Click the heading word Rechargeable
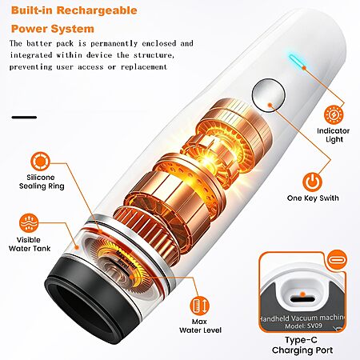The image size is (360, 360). coord(97,10)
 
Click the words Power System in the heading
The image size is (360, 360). coord(53,29)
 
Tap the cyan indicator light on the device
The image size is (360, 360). coord(298,62)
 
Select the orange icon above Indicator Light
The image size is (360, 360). coord(334,114)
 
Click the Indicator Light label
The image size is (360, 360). coord(334,135)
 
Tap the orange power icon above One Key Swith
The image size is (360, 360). coord(312,182)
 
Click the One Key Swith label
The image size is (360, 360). coord(313,198)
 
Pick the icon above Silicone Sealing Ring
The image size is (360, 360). coord(40,162)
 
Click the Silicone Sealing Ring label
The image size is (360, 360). coord(42,182)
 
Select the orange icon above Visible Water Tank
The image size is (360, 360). coord(29,223)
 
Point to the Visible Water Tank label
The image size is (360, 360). coord(30,244)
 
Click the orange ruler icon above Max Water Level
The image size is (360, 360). coord(200,306)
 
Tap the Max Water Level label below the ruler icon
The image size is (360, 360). coord(200,326)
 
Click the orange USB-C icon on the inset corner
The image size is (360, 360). coord(337,259)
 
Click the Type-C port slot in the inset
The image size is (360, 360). coord(302,298)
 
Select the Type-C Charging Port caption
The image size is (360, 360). coord(302,345)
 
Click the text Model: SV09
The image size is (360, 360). coord(303,326)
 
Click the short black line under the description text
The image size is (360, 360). coord(24,118)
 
